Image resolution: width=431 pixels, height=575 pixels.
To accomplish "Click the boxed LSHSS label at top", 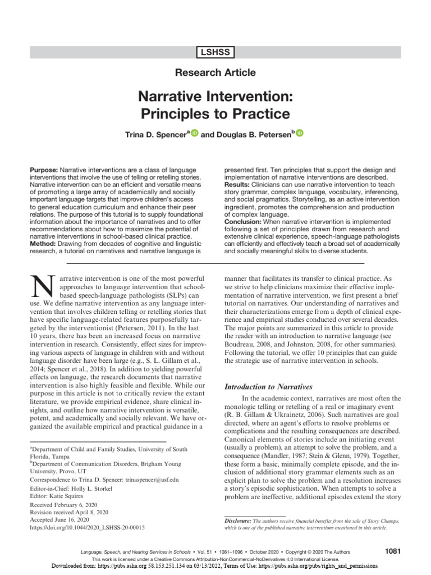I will pos(215,53).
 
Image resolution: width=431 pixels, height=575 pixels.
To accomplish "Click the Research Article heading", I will pos(215,72).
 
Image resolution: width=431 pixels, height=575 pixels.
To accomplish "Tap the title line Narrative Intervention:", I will pos(215,95).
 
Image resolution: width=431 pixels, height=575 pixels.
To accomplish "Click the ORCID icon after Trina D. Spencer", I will pos(195,133).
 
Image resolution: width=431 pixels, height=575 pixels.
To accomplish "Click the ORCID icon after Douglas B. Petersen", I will pos(299,133).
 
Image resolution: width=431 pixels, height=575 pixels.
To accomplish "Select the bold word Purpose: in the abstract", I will pos(44,170).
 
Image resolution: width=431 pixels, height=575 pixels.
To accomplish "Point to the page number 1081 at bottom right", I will pos(393,551).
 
